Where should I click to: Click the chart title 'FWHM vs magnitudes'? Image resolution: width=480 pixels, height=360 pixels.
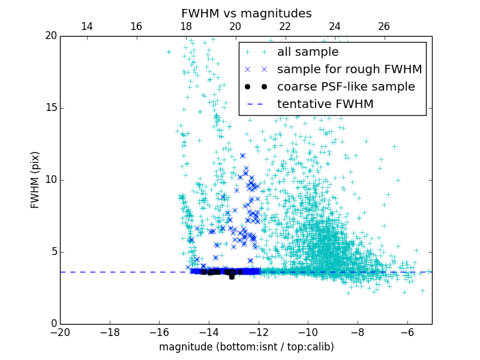[246, 13]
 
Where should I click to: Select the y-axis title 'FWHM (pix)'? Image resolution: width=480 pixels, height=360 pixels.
[35, 180]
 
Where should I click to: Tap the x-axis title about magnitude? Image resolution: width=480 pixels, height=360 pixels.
[246, 347]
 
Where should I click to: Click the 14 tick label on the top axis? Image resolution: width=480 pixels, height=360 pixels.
[86, 26]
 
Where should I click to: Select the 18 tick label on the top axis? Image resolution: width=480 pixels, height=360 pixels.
[185, 26]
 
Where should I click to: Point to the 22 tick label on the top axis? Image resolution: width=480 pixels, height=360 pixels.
[285, 26]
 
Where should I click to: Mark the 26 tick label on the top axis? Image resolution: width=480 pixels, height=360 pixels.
[384, 26]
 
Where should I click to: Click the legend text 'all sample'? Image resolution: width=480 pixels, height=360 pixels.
[308, 52]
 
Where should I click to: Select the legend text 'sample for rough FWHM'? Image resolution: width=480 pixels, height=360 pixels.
[349, 69]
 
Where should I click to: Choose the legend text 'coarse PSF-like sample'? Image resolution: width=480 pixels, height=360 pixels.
[346, 86]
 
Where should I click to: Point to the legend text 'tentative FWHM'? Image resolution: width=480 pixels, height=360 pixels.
[325, 104]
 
